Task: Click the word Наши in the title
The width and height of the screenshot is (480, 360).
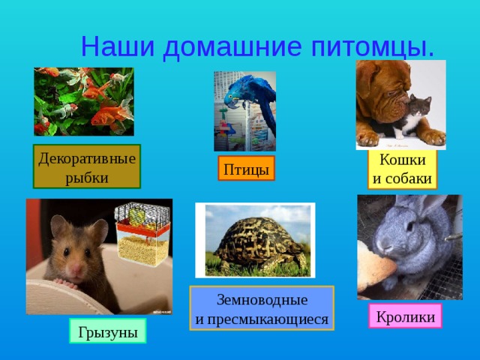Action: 118,46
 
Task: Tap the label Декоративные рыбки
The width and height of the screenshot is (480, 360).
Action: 86,167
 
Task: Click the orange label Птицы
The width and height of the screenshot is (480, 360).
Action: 246,169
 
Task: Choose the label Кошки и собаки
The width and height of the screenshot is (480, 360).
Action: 403,169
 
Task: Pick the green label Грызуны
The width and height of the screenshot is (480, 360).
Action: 107,331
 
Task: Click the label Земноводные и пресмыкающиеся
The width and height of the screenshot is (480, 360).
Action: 261,309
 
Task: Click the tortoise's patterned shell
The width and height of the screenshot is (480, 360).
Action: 254,235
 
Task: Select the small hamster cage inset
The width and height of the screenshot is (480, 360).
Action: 142,232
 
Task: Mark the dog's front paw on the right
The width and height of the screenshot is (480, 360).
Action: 430,136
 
